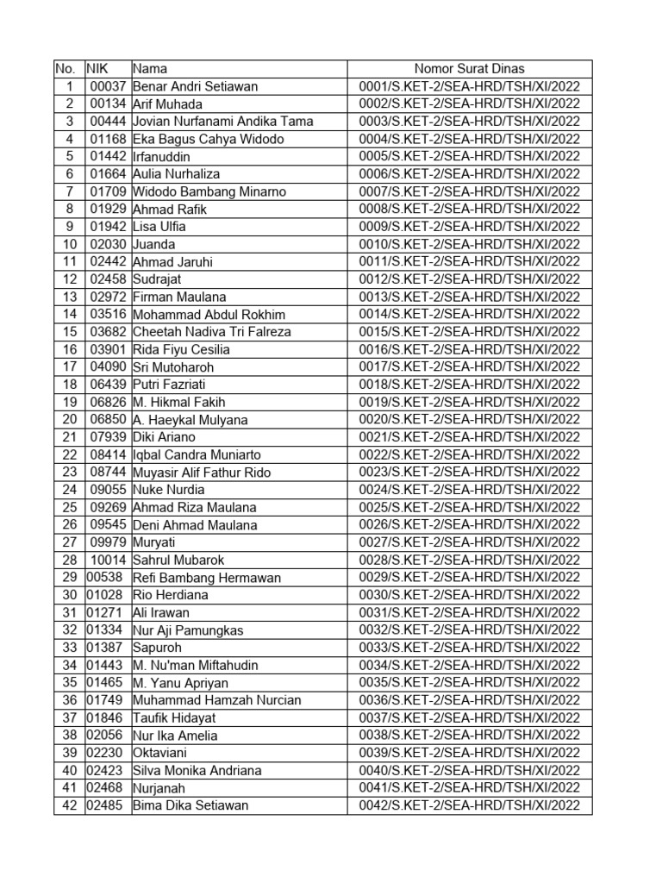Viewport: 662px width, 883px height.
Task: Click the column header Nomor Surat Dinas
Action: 469,69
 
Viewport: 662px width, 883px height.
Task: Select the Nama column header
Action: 150,69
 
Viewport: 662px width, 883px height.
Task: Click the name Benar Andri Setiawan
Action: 196,86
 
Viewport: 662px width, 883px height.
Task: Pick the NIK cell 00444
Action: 109,122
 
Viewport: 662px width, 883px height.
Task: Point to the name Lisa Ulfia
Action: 159,227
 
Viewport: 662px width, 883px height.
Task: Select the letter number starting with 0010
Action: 469,244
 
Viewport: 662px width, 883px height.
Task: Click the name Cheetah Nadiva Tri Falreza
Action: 212,332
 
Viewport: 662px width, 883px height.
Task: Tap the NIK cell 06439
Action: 109,385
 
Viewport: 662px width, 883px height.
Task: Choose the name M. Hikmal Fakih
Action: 179,402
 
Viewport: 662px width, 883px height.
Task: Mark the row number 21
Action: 69,437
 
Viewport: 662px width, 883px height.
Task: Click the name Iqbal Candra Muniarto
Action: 197,454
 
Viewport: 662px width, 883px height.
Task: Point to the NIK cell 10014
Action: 109,560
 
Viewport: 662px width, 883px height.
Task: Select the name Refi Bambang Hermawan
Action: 207,578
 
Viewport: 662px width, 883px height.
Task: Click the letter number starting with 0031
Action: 469,612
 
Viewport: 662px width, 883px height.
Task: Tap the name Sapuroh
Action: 157,648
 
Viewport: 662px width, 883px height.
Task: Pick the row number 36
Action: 69,700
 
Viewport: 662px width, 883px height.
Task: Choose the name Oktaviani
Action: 161,753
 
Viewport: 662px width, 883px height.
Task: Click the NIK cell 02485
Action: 104,805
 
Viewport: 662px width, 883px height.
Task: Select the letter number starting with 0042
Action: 469,805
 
